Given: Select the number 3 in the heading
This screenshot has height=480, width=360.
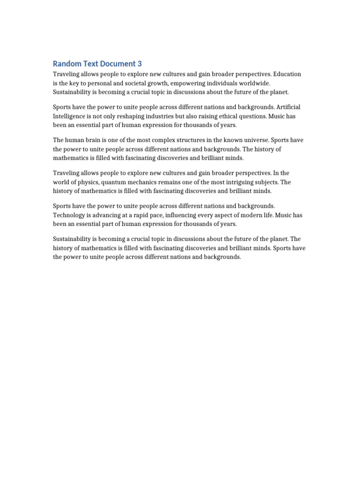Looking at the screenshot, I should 140,63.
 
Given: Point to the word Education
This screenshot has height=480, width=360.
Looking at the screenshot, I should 287,74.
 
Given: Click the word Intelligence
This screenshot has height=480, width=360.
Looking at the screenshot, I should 70,116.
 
